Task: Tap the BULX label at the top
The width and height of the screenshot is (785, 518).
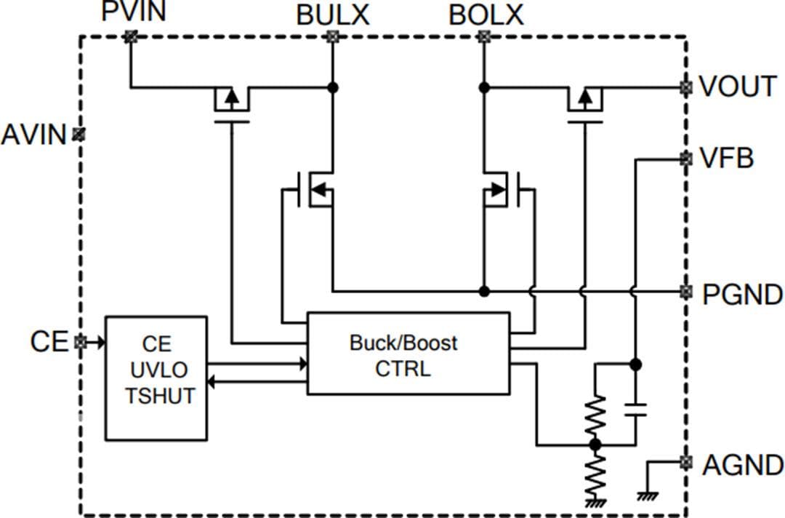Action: pos(332,14)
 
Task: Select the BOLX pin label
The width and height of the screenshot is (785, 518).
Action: pos(486,14)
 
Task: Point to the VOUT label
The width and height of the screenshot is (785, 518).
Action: pos(738,87)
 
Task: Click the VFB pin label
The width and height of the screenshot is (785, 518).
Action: pos(727,158)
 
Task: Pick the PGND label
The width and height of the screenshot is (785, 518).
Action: pos(742,294)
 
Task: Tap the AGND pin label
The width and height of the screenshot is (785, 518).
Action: pos(742,465)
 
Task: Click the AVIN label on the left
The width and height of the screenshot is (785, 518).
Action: pos(33,135)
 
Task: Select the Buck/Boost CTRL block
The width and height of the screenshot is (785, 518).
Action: pos(408,354)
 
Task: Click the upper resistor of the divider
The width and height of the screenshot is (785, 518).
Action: pos(595,415)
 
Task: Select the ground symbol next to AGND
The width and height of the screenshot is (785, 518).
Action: pos(646,494)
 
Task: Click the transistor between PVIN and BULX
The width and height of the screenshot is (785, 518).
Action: pos(231,102)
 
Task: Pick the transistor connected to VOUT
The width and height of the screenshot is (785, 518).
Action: pos(584,102)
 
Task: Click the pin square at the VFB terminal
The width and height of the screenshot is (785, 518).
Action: pos(685,158)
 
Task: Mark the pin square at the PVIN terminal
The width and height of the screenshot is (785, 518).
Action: pos(130,36)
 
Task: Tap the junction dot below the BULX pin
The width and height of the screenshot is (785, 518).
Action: pos(333,87)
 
